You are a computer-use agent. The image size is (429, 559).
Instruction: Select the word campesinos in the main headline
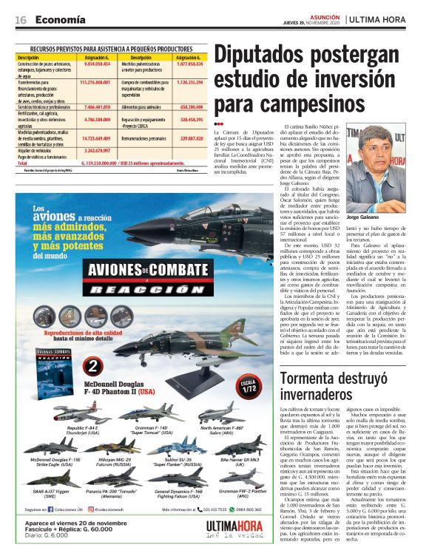point(320,101)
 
